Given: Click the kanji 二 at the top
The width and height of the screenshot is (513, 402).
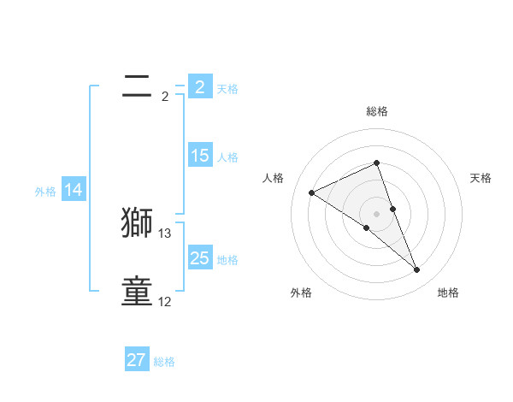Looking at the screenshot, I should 137,85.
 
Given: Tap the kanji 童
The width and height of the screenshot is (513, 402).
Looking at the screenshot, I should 137,291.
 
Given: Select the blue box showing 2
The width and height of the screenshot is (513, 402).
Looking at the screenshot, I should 199,86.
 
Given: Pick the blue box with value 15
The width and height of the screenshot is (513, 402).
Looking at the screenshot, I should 199,156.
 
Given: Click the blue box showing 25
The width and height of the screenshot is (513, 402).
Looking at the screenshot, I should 199,258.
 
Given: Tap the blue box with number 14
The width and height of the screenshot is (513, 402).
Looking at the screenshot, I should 74,190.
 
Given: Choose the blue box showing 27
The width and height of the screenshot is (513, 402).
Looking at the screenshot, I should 137,360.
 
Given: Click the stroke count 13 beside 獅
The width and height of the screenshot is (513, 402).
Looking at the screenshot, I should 165,233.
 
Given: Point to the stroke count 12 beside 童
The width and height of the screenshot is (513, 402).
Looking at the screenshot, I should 165,301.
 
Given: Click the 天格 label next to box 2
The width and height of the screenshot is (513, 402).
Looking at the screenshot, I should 227,88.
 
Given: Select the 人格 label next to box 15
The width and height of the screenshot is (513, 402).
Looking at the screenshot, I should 227,157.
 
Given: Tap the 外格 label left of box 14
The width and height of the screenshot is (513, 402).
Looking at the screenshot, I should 45,192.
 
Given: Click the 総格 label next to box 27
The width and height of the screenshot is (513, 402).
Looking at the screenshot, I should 164,362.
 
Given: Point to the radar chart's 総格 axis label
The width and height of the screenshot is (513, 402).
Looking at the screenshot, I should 377,111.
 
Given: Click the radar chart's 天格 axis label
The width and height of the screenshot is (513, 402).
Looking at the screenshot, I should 481,178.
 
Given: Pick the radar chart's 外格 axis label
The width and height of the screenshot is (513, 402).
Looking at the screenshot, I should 301,293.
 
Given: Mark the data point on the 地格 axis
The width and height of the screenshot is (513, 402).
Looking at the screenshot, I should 417,270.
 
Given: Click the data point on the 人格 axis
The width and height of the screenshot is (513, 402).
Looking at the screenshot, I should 311,192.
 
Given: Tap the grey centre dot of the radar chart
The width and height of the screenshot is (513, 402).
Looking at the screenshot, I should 377,213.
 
